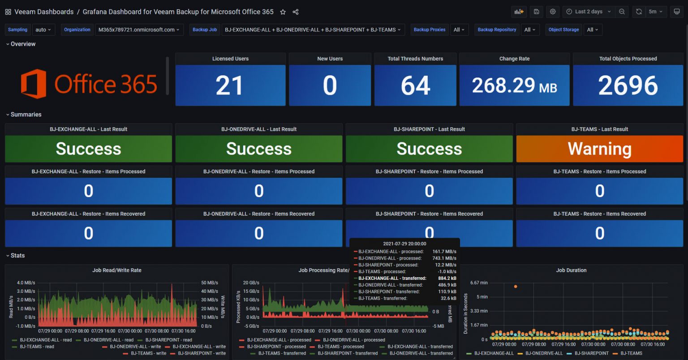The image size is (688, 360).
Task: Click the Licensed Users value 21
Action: pos(230,85)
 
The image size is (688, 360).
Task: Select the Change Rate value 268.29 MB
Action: pos(514,85)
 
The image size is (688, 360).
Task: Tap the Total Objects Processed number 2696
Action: pos(628,85)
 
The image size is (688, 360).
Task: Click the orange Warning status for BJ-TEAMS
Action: pos(599,149)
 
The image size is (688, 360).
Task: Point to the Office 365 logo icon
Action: pos(34,84)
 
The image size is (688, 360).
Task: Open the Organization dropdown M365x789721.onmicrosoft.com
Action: pos(138,30)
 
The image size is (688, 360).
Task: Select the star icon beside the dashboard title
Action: pos(283,12)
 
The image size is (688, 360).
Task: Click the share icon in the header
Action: pos(296,12)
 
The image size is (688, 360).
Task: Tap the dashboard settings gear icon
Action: pos(553,12)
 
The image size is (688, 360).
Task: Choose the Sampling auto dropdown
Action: pos(43,30)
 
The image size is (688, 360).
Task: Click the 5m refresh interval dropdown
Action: pos(655,12)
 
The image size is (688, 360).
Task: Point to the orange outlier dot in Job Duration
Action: pos(516,286)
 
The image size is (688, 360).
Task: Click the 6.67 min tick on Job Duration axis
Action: pos(479,283)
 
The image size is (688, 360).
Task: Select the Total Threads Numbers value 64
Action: pos(415,85)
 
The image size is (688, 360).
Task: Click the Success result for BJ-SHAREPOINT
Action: pos(429,149)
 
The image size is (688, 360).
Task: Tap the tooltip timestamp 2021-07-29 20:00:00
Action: pos(404,244)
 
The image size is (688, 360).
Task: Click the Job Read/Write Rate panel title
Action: pos(117,270)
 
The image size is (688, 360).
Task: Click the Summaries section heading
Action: pos(26,115)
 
